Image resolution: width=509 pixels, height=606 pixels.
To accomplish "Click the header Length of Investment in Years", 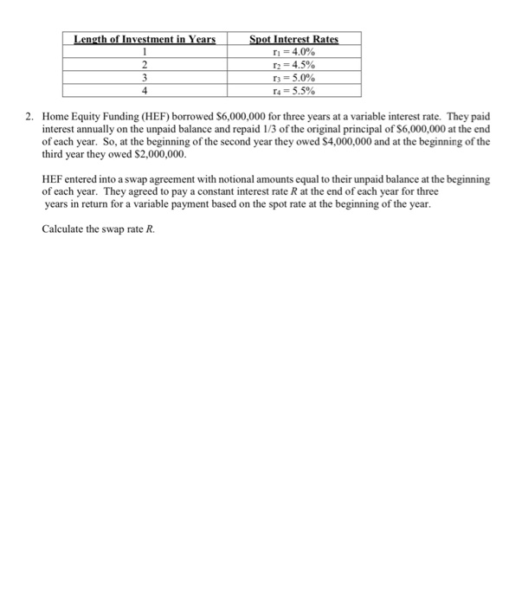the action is [144, 39].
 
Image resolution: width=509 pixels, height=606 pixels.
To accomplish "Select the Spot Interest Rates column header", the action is [293, 39].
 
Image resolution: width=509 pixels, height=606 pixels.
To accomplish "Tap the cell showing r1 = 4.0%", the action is [293, 51].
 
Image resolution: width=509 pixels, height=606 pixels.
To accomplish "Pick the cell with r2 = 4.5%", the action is [293, 64].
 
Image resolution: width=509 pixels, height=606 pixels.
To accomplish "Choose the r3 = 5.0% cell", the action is [293, 77].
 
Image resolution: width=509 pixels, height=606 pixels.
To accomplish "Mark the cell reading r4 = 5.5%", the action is [293, 90].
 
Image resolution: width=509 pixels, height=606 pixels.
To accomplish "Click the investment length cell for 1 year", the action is [144, 51].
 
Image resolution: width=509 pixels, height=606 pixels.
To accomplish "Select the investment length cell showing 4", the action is [144, 90].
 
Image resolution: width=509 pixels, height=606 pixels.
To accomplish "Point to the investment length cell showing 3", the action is [144, 77].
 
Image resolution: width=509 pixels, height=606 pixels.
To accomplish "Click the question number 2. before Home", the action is [32, 115].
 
